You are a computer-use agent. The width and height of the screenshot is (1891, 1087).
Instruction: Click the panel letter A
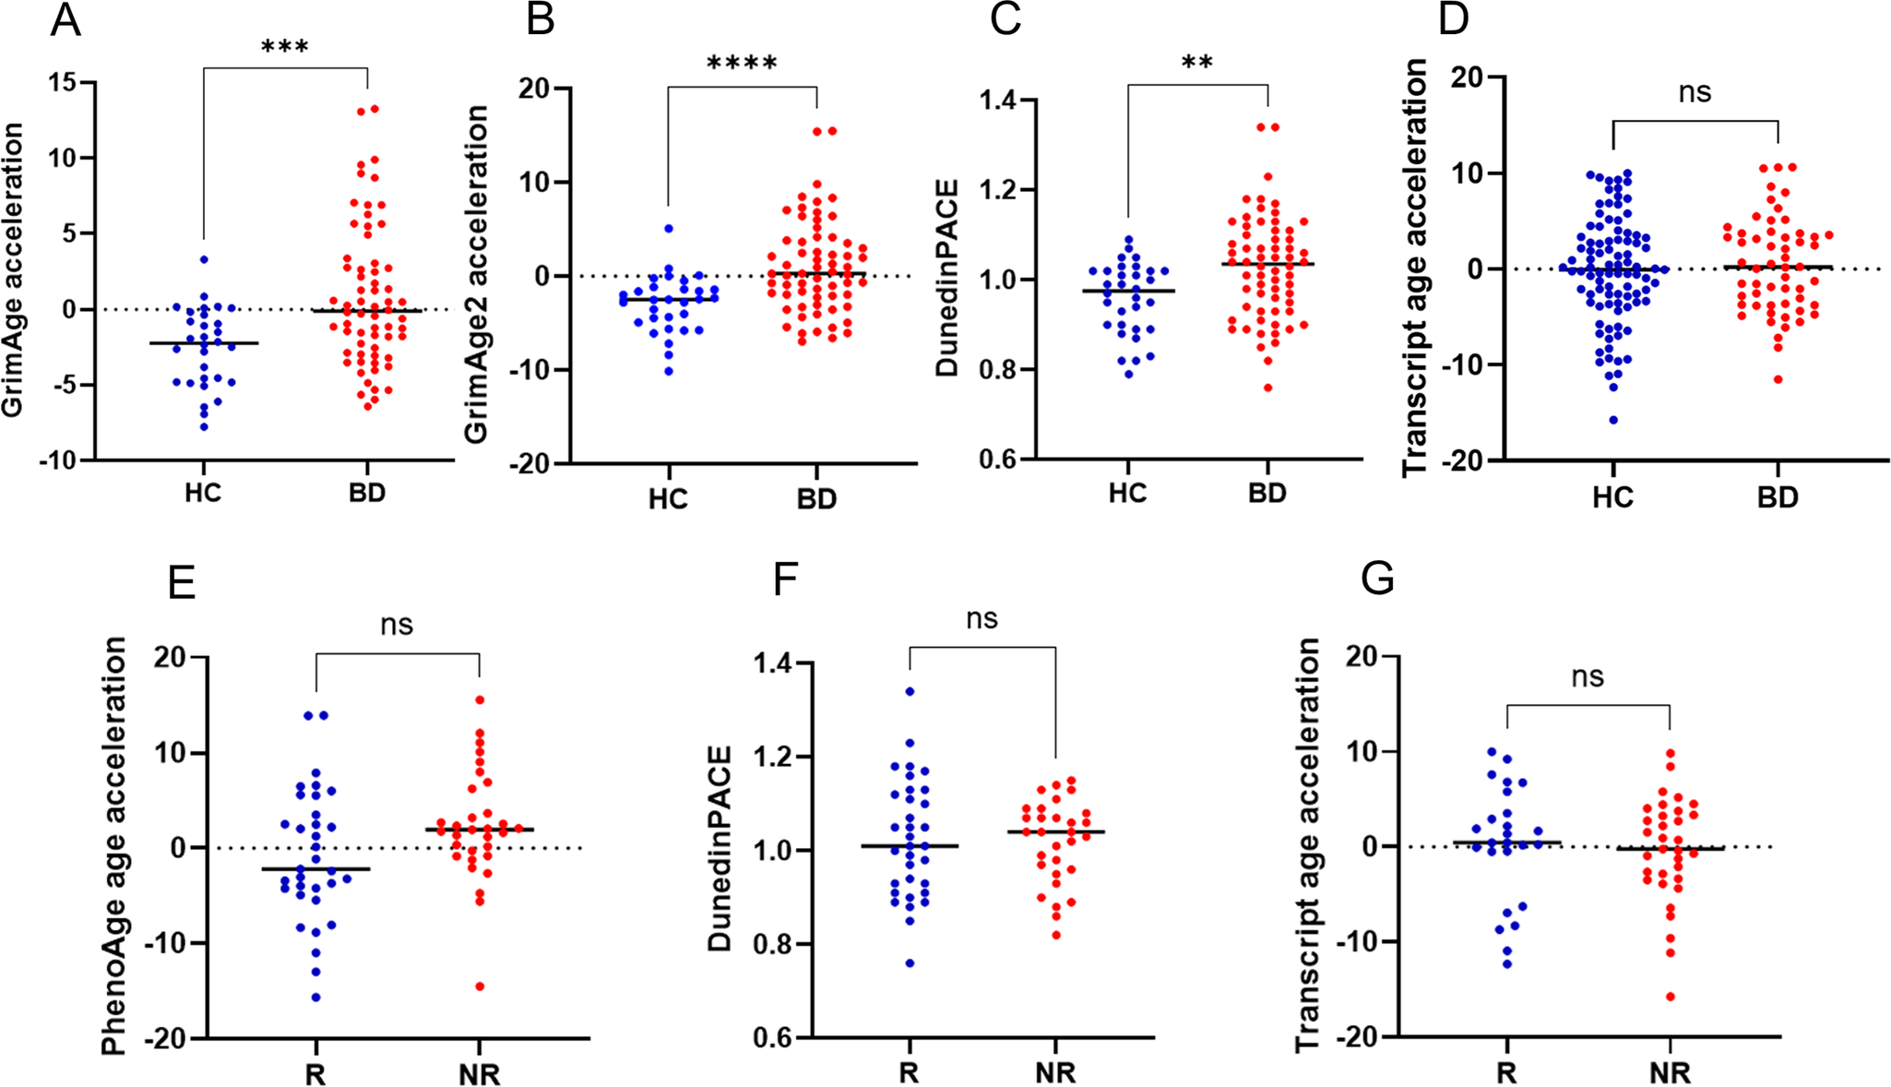[x=65, y=20]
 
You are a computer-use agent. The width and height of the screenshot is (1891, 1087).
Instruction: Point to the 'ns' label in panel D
[x=1695, y=92]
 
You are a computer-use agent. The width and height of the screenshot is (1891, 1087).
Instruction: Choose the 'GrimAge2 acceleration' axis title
[x=476, y=274]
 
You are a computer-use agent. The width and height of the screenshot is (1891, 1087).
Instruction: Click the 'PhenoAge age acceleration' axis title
[x=113, y=845]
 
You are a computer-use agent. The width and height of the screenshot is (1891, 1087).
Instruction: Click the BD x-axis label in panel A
[x=366, y=493]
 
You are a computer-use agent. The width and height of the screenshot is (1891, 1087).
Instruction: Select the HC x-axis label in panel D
[x=1612, y=498]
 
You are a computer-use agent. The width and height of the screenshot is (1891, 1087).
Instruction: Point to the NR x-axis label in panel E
[x=479, y=1075]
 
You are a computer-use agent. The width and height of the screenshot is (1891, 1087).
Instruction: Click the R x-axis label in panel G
[x=1506, y=1073]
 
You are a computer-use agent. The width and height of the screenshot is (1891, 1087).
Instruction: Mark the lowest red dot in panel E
[x=480, y=986]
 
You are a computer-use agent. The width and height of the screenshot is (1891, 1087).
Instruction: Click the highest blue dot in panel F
[x=910, y=691]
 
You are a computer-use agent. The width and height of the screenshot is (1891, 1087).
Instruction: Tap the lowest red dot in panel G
[x=1670, y=997]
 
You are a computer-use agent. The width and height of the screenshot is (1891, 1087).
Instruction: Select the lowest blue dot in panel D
[x=1613, y=420]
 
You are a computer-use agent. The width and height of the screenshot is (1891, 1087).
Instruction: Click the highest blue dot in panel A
[x=204, y=259]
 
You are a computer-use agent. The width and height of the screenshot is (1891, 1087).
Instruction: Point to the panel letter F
[x=785, y=582]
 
